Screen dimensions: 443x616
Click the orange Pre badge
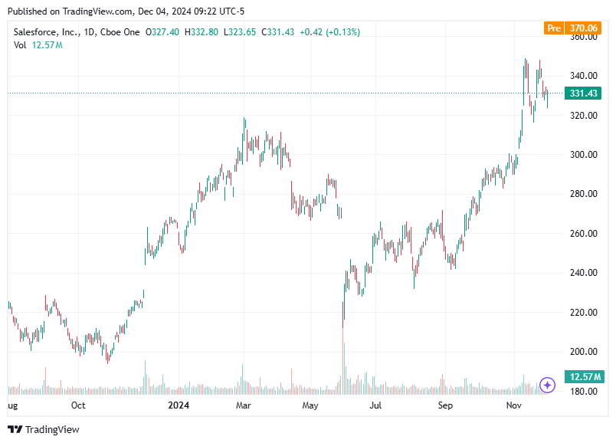point(553,28)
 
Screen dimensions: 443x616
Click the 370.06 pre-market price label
point(583,28)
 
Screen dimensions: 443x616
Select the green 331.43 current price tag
point(583,94)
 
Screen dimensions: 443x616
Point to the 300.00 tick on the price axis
point(582,155)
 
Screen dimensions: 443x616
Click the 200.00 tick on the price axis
point(582,352)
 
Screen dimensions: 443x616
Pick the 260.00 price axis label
point(582,234)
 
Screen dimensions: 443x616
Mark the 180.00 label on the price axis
point(582,392)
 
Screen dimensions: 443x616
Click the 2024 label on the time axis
point(178,405)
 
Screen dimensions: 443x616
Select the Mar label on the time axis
point(244,405)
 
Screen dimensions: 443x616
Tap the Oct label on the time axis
point(77,405)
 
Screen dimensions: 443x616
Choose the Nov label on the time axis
point(513,405)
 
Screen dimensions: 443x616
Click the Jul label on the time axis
point(375,405)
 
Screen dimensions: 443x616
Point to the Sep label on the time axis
point(444,405)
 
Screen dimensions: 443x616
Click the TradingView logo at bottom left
point(44,429)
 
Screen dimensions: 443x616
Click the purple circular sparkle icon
point(547,385)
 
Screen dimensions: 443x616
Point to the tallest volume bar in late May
point(343,368)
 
